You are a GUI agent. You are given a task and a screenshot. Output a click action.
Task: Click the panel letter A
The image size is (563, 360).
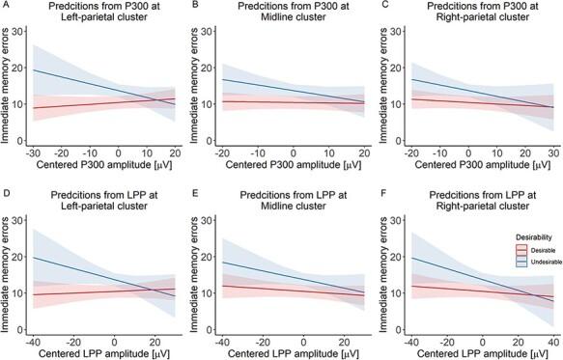pyautogui.click(x=5, y=6)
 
